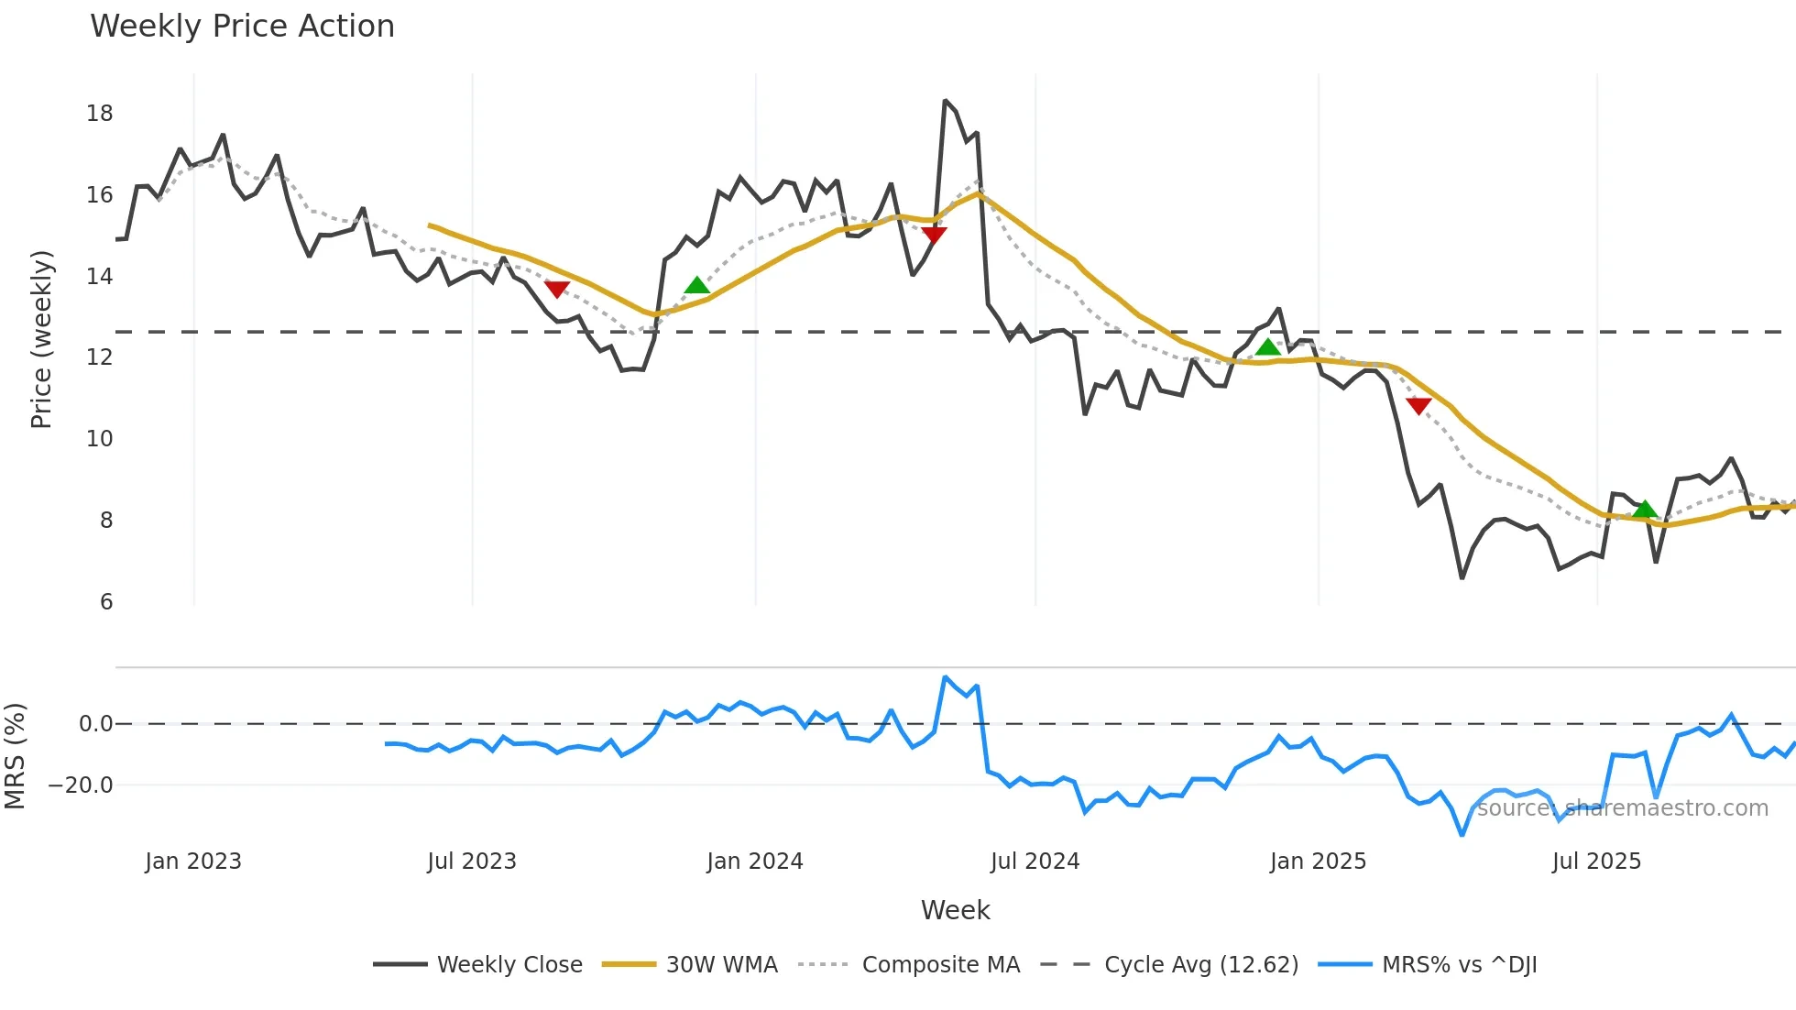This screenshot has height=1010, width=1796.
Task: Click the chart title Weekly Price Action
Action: click(242, 26)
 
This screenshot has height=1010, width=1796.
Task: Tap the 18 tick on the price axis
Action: click(100, 113)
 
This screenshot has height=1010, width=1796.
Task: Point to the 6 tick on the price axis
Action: click(106, 601)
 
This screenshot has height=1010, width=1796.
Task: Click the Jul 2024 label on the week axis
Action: click(1035, 861)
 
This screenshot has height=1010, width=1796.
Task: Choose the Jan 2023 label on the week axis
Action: click(193, 861)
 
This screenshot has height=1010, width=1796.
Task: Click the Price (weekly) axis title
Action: click(41, 339)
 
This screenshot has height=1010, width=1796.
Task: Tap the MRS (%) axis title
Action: click(16, 755)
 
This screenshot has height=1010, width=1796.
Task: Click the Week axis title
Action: click(955, 910)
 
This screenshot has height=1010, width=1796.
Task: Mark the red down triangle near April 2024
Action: click(934, 235)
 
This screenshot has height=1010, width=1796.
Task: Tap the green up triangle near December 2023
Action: click(697, 285)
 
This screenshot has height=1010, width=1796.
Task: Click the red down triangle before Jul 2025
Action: click(1418, 406)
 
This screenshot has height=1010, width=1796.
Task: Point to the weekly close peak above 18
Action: click(945, 101)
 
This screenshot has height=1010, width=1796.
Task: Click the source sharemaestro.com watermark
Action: click(1622, 807)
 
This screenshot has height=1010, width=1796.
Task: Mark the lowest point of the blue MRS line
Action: click(1462, 835)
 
